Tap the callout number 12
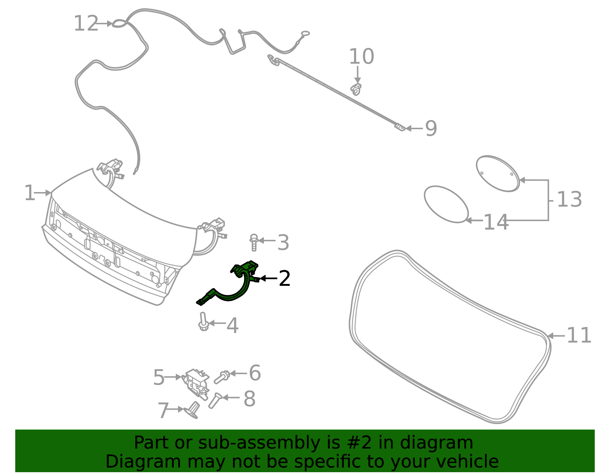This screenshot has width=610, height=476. [x=86, y=24]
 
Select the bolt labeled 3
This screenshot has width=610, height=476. [x=254, y=242]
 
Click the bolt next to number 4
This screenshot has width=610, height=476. [x=203, y=322]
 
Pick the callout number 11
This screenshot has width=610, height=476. [x=579, y=336]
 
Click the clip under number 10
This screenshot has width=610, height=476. [x=356, y=90]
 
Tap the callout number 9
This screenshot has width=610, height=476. [x=431, y=128]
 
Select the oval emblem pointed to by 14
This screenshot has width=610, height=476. [x=446, y=204]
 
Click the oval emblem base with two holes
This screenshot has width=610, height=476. [x=498, y=173]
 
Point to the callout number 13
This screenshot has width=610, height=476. [x=569, y=200]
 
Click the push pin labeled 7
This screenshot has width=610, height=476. [x=193, y=410]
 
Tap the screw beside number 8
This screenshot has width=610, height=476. [x=215, y=400]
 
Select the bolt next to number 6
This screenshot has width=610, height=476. [x=222, y=377]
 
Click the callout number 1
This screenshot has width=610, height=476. [x=29, y=193]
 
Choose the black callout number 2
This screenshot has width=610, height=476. [x=284, y=279]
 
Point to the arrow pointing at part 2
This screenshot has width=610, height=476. [x=268, y=279]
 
